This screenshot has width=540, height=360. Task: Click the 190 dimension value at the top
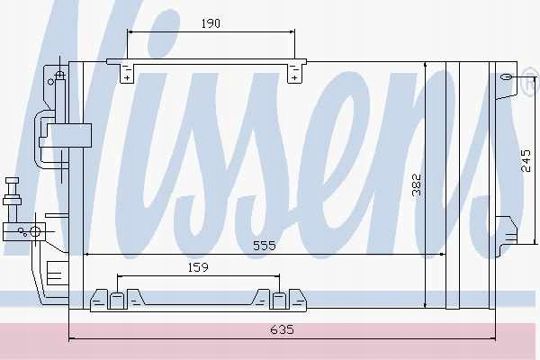click(211, 23)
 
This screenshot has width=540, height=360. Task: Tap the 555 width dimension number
click(264, 246)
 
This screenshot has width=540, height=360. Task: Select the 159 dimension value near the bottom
click(198, 267)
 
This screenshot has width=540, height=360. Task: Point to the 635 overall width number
click(282, 329)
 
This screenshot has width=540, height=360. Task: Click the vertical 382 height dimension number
click(417, 185)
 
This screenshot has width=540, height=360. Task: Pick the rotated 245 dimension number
click(526, 160)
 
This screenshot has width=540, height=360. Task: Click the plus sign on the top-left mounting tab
click(128, 78)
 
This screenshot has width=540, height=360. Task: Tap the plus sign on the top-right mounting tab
click(294, 78)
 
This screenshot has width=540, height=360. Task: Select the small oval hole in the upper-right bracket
click(506, 77)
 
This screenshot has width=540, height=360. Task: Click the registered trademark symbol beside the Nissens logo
click(532, 81)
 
